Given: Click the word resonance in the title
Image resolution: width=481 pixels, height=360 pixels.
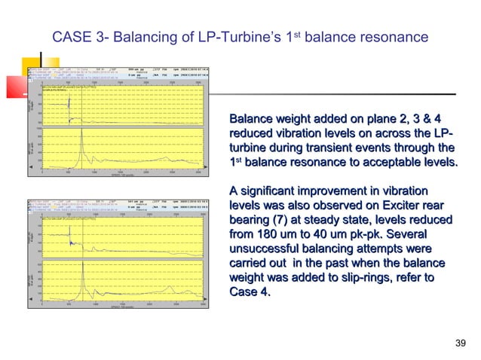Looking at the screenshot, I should click(x=391, y=36).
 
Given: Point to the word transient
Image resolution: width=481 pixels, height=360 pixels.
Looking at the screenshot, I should click(x=328, y=148).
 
